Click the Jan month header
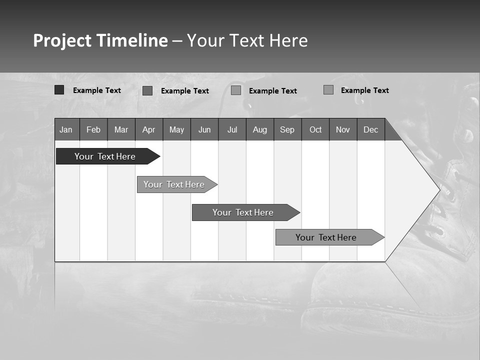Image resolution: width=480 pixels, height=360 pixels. pos(66,129)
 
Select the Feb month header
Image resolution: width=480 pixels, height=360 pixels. pos(93,129)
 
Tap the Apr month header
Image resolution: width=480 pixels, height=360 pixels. pos(149,129)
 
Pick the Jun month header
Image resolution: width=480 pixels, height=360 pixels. pos(204,129)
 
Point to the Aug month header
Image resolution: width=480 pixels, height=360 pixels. pos(260,129)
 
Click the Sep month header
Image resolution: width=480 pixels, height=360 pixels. pos(287,129)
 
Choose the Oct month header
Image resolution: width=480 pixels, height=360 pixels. pos(315,129)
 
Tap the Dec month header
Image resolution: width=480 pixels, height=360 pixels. pos(371,129)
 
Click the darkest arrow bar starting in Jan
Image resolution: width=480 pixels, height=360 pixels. pos(105,156)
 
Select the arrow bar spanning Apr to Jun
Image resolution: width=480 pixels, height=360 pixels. pos(174,184)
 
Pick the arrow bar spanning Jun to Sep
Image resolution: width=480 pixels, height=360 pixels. pos(243,212)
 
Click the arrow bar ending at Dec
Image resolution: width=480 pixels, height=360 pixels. pos(326,237)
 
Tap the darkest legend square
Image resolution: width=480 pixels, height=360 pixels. pos(59,90)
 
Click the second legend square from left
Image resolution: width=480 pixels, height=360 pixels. pos(147,90)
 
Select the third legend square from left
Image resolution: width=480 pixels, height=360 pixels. pos(236,90)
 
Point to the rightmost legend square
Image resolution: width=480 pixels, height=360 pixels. pos(328,90)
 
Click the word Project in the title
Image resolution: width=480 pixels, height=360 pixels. pos(62,40)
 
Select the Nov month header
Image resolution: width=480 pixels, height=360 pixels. pos(343,129)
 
